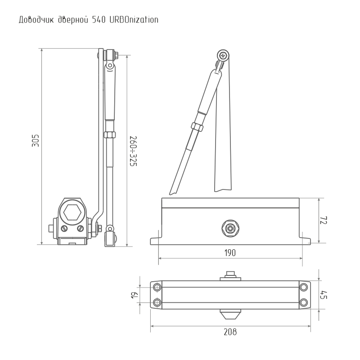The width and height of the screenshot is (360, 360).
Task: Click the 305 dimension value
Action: [x=36, y=140]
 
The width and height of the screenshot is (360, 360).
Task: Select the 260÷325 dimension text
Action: [x=133, y=151]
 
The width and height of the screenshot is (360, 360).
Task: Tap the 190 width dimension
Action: [x=230, y=253]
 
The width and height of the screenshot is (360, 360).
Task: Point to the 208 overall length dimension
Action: [x=230, y=332]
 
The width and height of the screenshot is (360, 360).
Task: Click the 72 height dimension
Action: [x=324, y=220]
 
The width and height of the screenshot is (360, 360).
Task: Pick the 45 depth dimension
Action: [x=324, y=295]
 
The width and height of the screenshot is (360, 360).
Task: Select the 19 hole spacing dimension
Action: [x=135, y=295]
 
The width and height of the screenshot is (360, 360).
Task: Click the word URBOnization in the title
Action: [x=134, y=20]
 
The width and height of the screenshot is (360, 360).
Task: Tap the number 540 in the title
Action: [x=99, y=20]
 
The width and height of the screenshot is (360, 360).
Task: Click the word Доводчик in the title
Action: [x=36, y=20]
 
